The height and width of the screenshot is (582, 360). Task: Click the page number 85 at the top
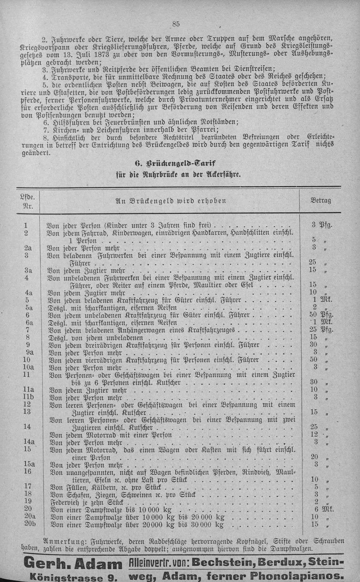coord(176,24)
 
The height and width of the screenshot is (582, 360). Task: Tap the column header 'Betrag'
coord(321,201)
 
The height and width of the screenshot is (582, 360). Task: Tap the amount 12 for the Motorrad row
coord(313,434)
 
